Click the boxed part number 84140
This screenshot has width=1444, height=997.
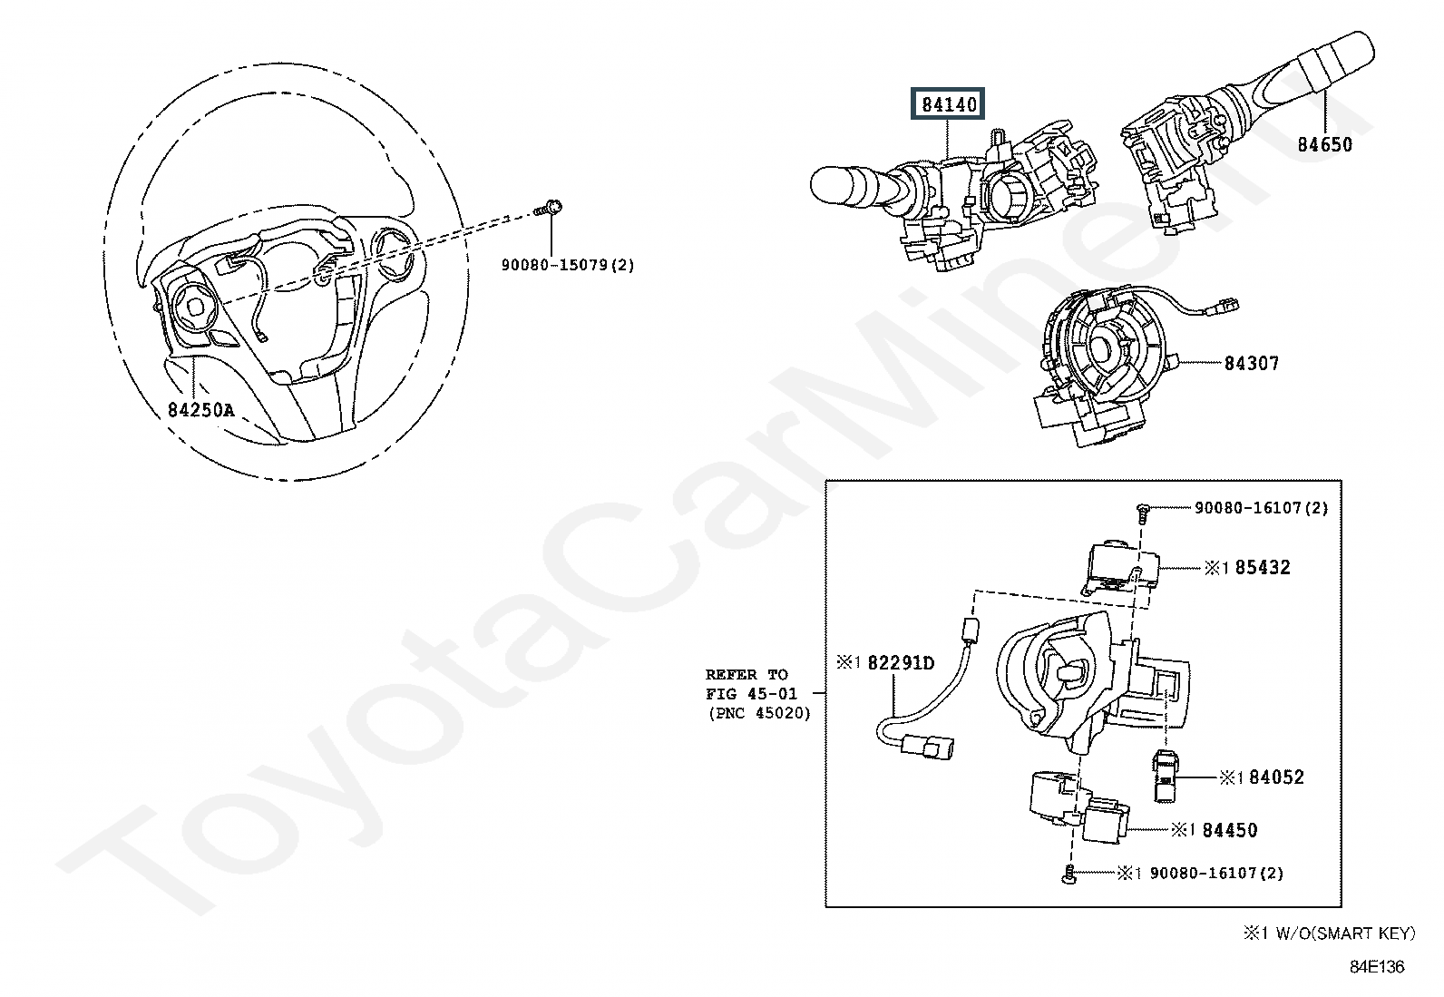click(950, 105)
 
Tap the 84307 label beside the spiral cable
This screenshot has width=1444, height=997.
click(1251, 363)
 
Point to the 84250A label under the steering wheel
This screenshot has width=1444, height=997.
click(200, 410)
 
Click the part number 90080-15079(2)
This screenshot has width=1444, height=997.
click(568, 265)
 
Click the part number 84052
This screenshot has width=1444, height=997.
click(1276, 777)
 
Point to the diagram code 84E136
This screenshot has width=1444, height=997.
click(1376, 967)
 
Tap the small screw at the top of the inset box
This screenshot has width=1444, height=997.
click(1142, 513)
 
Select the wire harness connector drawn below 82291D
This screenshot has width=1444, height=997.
click(932, 749)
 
